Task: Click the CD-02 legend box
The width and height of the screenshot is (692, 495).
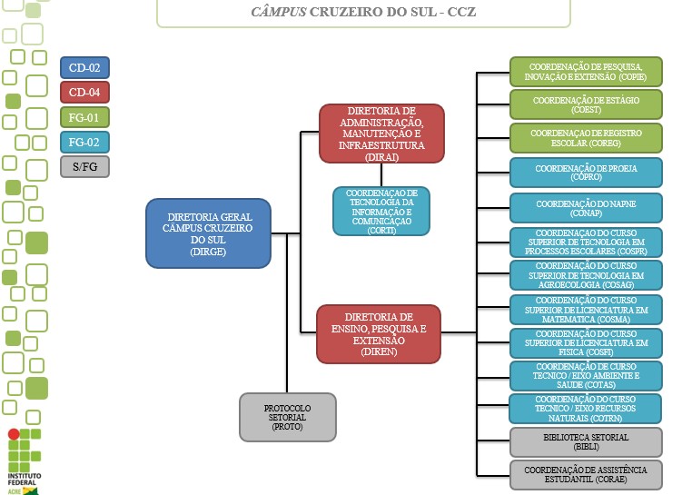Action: [x=84, y=67]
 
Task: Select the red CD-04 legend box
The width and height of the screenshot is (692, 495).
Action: [x=84, y=92]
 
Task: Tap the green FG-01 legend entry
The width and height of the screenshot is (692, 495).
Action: [x=84, y=117]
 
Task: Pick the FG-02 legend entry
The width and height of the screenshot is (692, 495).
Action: [x=84, y=142]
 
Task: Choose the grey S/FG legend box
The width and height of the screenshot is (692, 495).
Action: [x=84, y=166]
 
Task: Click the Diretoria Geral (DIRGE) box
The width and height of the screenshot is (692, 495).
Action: [x=208, y=233]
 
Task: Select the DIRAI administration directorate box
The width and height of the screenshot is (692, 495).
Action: [x=381, y=134]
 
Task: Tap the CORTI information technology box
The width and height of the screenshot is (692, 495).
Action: [x=381, y=212]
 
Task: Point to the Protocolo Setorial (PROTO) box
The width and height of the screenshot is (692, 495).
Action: [x=288, y=417]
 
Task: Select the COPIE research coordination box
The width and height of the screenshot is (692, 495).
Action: [x=586, y=72]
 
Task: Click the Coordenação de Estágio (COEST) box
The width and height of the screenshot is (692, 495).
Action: [x=586, y=104]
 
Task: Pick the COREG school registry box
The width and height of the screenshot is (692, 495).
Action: [x=586, y=138]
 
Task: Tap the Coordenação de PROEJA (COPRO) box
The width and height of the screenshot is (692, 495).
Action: [x=586, y=173]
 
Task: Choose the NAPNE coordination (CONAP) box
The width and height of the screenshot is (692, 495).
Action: [x=586, y=208]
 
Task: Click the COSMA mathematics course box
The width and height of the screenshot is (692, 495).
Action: [x=586, y=310]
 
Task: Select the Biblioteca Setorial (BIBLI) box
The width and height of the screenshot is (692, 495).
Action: [x=586, y=441]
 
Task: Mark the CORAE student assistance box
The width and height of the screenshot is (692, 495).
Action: [x=586, y=474]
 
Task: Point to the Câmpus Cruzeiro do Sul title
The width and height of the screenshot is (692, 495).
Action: [x=363, y=14]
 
